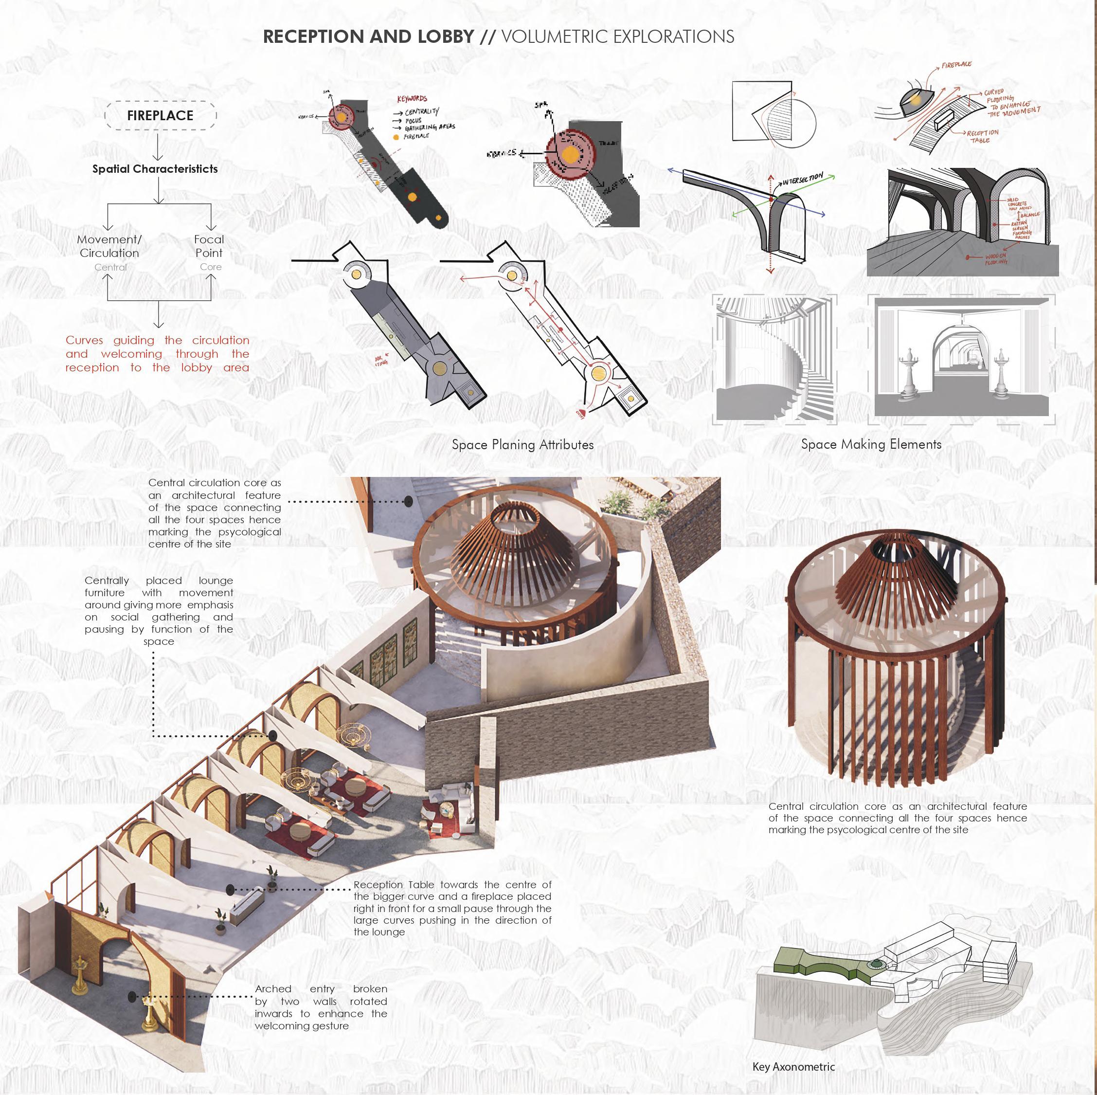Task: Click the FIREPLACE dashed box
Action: (160, 116)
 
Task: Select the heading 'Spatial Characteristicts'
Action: (155, 169)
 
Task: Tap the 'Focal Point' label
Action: (209, 246)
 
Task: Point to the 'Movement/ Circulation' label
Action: (109, 246)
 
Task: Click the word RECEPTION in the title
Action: (312, 36)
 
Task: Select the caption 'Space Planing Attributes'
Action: (522, 445)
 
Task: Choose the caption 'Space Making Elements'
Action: (871, 444)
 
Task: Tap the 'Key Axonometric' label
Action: (793, 1067)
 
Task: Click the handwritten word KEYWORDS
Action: (412, 99)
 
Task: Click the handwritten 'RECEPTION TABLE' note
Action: (982, 136)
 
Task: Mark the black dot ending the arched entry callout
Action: (132, 996)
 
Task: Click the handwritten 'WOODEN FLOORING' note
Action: (996, 259)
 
